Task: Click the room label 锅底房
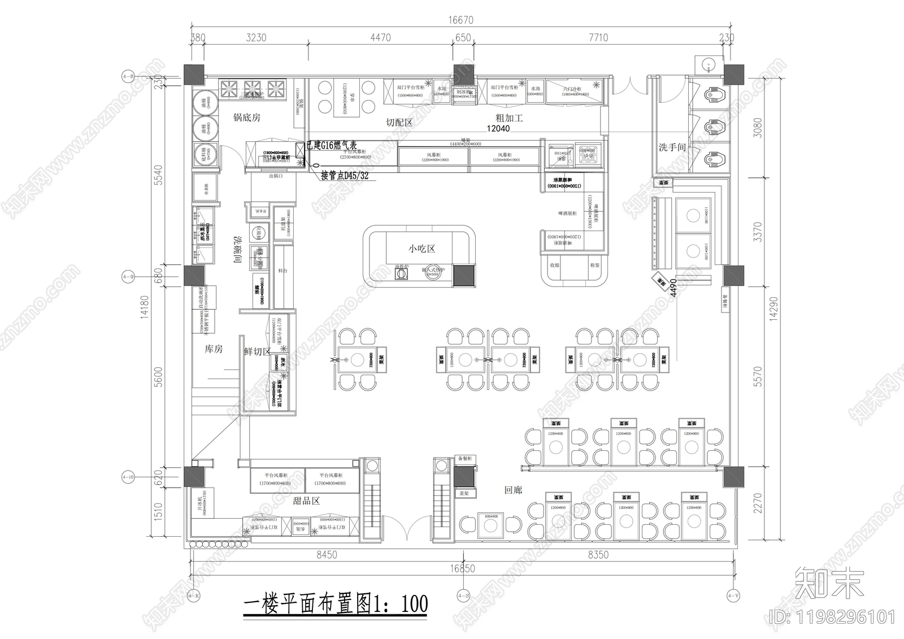point(247,118)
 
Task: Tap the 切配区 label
point(399,122)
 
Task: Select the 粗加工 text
point(510,118)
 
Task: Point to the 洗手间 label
point(672,147)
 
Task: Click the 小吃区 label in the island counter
point(422,249)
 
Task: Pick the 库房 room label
point(214,349)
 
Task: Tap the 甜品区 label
point(307,501)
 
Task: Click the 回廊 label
point(513,490)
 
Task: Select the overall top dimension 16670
point(460,20)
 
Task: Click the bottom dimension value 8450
point(326,555)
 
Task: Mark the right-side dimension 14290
point(773,308)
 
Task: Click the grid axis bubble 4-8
point(128,76)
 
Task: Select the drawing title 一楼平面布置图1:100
point(335,605)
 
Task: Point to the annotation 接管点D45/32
point(345,176)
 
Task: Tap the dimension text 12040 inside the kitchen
point(498,129)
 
